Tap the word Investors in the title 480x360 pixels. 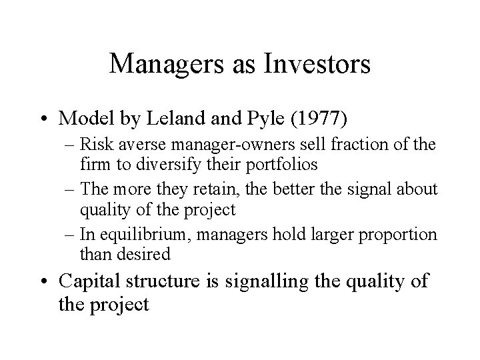tap(317, 63)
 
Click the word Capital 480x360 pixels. tap(91, 281)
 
